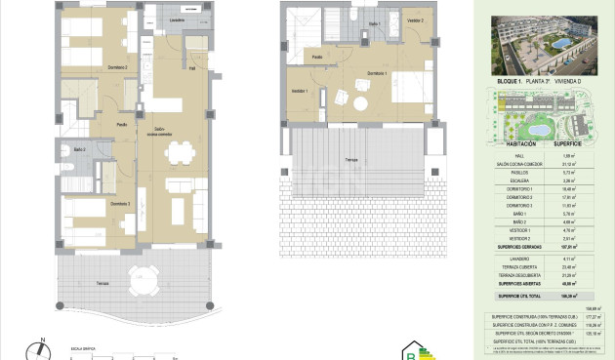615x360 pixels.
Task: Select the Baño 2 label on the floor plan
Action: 79,148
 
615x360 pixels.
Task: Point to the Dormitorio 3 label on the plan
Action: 119,203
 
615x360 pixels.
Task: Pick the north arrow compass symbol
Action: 39,347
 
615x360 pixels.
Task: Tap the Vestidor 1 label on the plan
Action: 299,91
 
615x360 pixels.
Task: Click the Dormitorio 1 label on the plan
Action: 379,73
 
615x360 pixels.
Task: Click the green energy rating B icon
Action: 421,350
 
